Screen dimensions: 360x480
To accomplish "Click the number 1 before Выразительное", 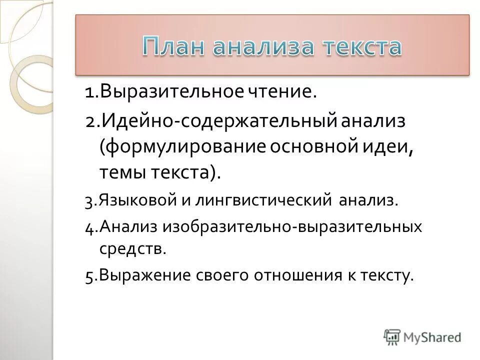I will click(x=89, y=92).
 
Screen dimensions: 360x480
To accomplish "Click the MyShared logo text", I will click(x=431, y=337).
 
